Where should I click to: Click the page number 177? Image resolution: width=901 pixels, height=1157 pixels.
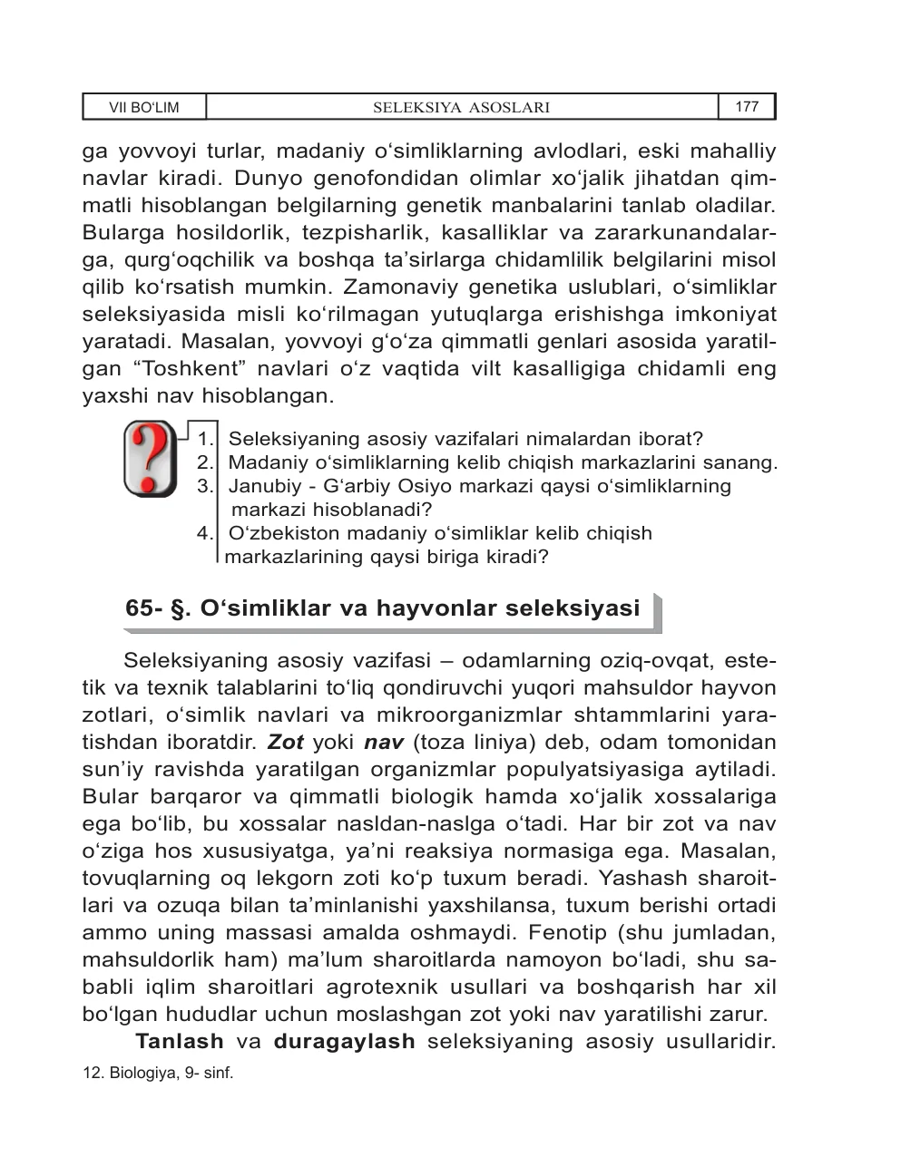746,107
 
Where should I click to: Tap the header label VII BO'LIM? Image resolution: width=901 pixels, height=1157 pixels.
144,108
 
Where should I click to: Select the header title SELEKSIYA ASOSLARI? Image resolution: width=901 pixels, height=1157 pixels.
462,108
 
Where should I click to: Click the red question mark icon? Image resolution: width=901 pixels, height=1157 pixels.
150,458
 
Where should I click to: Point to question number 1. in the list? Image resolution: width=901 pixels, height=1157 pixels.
206,440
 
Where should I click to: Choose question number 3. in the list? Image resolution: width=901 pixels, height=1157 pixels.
206,486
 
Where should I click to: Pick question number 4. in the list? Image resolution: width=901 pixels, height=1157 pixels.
206,533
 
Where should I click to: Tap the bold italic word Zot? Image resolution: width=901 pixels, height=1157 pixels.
285,743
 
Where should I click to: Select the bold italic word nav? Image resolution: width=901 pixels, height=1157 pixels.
383,743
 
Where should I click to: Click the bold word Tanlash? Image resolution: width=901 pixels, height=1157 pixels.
180,1041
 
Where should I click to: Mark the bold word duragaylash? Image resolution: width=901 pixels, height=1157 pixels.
344,1041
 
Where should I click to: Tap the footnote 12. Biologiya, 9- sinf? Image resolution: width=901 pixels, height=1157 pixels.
158,1074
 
